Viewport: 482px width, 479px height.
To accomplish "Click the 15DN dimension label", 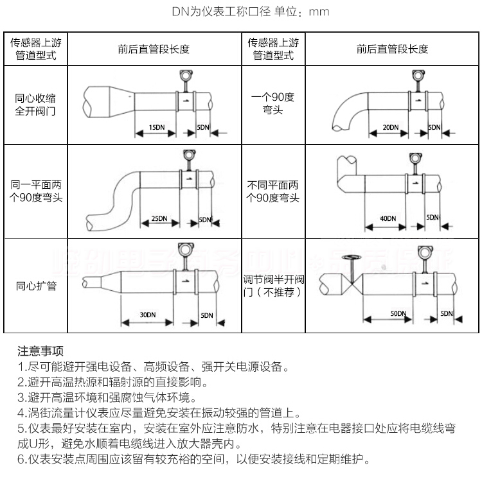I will pyautogui.click(x=156, y=126).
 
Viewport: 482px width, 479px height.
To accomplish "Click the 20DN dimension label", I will pyautogui.click(x=390, y=127).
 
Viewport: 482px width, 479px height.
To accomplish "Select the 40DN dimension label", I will pyautogui.click(x=388, y=218).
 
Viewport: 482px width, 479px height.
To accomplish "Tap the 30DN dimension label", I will pyautogui.click(x=147, y=315).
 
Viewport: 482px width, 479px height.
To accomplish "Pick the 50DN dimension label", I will pyautogui.click(x=398, y=313).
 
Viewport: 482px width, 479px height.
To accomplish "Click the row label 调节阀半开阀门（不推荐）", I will pyautogui.click(x=273, y=286).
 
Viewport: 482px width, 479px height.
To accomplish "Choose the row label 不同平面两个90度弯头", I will pyautogui.click(x=273, y=191).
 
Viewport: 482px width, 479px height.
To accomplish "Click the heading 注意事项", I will pyautogui.click(x=40, y=351).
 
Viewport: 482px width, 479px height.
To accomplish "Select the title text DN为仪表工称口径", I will pyautogui.click(x=221, y=12).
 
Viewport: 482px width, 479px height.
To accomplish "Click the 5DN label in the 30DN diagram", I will pyautogui.click(x=206, y=315).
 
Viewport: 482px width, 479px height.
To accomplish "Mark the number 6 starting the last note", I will pyautogui.click(x=21, y=459).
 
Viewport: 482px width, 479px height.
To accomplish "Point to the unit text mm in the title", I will pyautogui.click(x=319, y=12).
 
